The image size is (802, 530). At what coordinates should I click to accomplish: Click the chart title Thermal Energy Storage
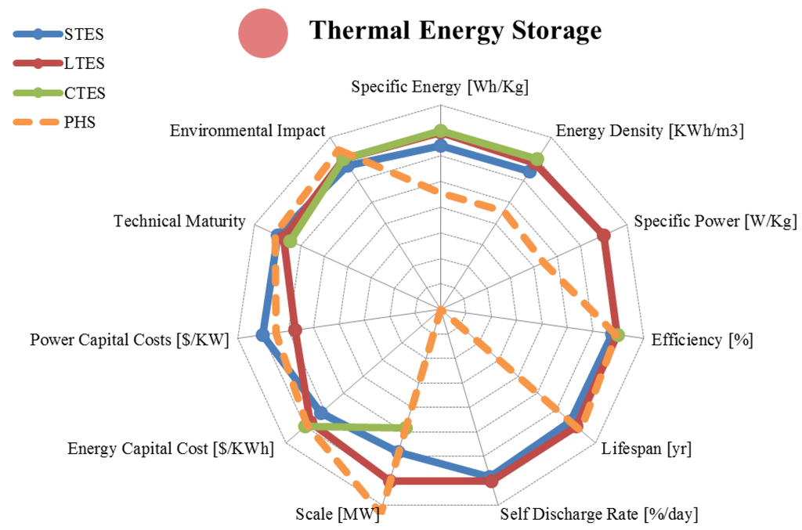click(455, 31)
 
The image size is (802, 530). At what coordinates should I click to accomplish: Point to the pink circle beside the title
click(264, 33)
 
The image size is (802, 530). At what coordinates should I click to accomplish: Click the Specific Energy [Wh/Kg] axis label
click(439, 87)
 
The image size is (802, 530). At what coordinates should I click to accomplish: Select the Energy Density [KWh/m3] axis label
click(649, 131)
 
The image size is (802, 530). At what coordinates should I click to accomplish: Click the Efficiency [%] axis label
click(702, 340)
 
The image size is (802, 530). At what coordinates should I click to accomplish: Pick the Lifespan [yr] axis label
click(646, 449)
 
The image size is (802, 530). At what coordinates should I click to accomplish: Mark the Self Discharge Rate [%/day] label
click(599, 514)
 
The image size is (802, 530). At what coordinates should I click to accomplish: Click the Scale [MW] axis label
click(337, 514)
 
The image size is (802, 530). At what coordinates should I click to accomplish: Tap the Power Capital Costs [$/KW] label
click(129, 340)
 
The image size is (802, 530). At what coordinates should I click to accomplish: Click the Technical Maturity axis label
click(179, 222)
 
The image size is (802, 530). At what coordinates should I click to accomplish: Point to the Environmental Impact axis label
click(247, 131)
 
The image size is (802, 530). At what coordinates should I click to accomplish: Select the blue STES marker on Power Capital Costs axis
click(262, 335)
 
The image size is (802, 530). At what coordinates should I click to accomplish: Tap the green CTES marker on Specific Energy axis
click(440, 131)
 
